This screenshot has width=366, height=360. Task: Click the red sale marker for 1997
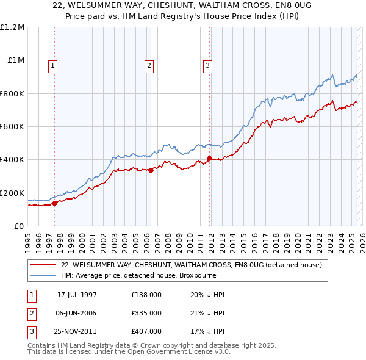pyautogui.click(x=55, y=203)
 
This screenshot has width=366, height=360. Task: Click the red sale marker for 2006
pyautogui.click(x=151, y=171)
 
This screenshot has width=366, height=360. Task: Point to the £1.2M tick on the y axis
pyautogui.click(x=12, y=27)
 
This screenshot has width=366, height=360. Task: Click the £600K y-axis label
pyautogui.click(x=12, y=127)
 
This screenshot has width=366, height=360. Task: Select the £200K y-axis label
pyautogui.click(x=12, y=193)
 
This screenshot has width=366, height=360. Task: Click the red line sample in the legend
pyautogui.click(x=43, y=265)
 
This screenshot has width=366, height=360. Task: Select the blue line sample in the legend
pyautogui.click(x=43, y=275)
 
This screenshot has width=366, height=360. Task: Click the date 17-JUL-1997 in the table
pyautogui.click(x=77, y=295)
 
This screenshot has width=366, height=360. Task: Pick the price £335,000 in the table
pyautogui.click(x=146, y=313)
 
